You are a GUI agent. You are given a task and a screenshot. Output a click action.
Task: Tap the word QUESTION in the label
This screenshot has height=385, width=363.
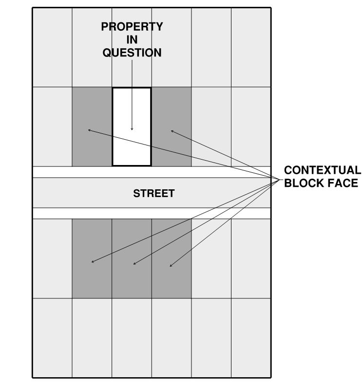coord(132,53)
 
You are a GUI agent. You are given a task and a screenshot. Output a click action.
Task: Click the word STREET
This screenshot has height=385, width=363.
coord(153,194)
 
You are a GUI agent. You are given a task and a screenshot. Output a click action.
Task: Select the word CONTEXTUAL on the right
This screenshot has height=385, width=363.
coord(323,170)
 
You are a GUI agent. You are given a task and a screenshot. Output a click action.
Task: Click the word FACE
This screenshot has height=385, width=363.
coord(343,183)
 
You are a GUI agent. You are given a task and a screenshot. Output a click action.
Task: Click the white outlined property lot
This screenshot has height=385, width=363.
coord(132,146)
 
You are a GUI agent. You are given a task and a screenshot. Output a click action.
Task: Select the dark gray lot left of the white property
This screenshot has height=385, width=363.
coord(92,146)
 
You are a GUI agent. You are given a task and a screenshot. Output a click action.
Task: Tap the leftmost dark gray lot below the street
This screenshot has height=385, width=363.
coord(92,277)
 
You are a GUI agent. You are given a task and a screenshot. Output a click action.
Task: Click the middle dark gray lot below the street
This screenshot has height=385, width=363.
coord(132,280)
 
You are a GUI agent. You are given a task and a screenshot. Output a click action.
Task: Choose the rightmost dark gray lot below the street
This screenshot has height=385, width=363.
coord(172,280)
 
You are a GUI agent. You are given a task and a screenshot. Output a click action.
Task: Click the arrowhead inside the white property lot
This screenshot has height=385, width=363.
coord(132,129)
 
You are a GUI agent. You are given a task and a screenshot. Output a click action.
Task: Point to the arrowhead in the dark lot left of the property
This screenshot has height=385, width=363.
coord(89,130)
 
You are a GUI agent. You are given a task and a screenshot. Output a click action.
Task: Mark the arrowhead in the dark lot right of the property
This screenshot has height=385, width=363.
coord(172,130)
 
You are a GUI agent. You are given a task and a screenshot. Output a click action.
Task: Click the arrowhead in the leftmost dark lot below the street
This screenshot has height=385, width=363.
coord(93,262)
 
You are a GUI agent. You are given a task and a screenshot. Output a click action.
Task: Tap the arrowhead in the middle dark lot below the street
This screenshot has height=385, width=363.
coord(134,264)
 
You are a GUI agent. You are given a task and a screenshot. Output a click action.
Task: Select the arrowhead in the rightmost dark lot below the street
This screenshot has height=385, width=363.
coord(170,266)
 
